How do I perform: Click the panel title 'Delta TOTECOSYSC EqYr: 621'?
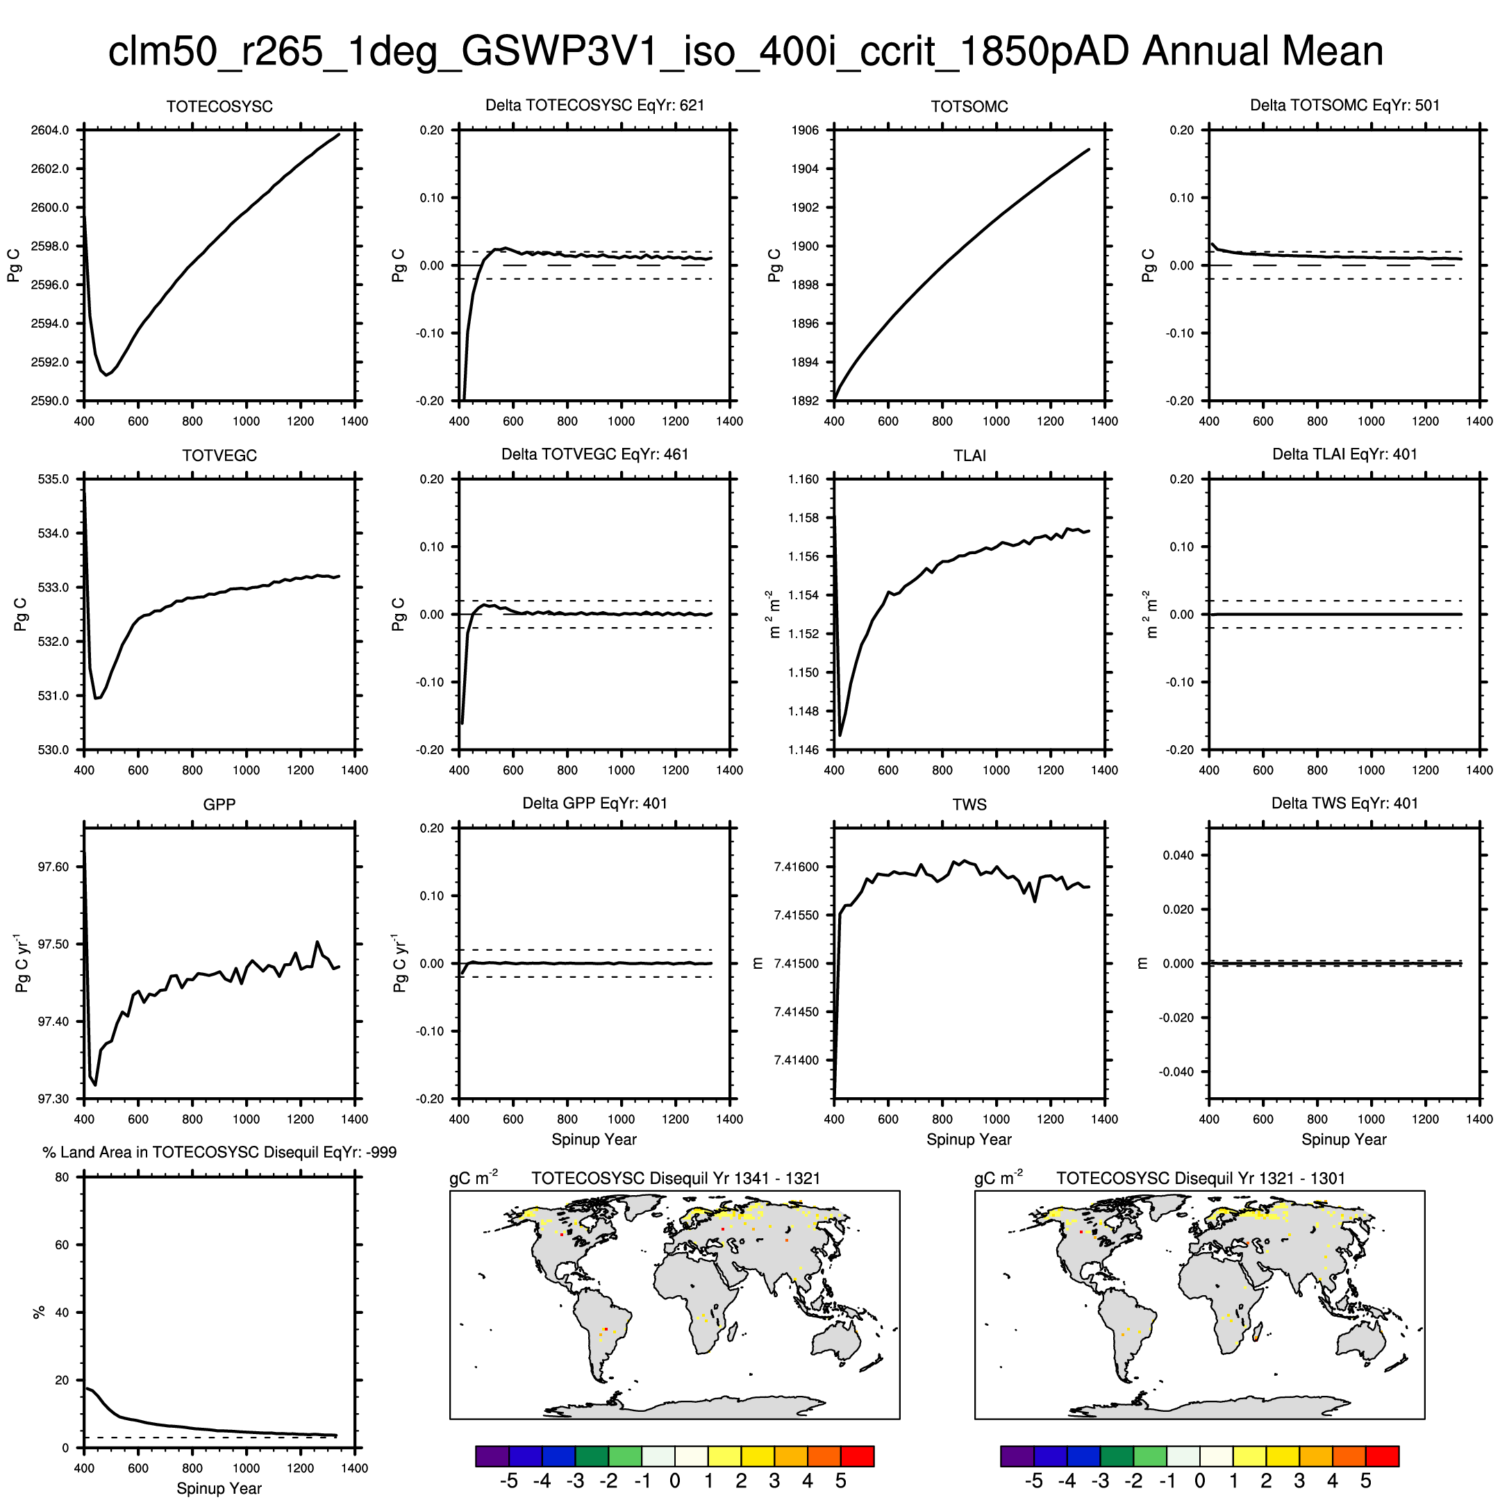coord(594,105)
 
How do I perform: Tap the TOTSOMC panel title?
coord(969,106)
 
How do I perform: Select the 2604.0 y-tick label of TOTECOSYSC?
coord(50,131)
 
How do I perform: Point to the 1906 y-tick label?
coord(805,131)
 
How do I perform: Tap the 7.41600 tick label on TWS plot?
coord(797,867)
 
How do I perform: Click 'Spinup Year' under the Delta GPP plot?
coord(594,1139)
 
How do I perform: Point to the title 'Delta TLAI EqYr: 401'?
coord(1344,454)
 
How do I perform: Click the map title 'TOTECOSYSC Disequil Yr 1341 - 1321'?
coord(676,1178)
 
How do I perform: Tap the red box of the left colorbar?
coord(857,1456)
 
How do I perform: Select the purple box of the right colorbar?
coord(1017,1456)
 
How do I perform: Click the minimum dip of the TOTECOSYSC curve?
coord(106,375)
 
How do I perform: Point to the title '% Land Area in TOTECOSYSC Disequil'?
coord(219,1152)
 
